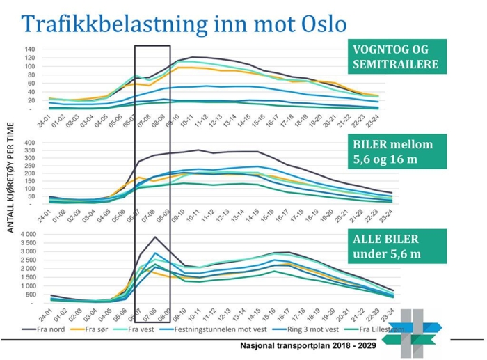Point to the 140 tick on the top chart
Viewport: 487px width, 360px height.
tap(29, 49)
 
